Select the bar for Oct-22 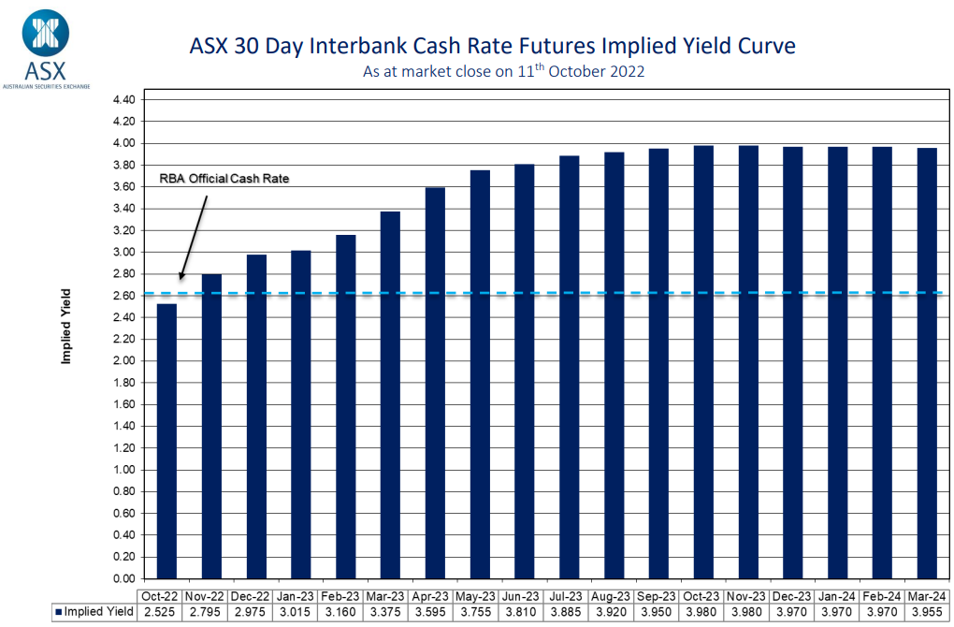[166, 440]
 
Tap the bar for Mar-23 [390, 393]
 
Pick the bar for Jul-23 [569, 365]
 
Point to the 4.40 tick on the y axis [124, 99]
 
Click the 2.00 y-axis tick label [124, 360]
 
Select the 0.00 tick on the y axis [124, 578]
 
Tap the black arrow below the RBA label [195, 234]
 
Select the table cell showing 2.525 [158, 612]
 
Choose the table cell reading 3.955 [926, 612]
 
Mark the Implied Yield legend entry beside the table [94, 612]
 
